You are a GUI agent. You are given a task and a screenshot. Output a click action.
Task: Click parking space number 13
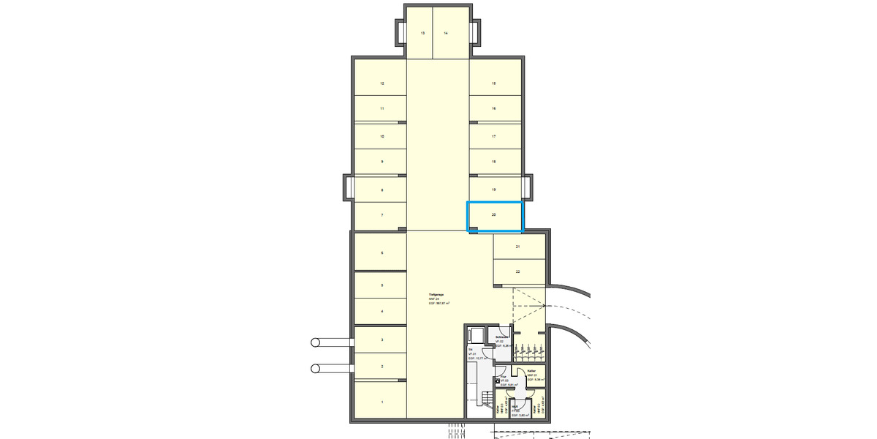point(422,34)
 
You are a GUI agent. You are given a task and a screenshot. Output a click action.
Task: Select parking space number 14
point(446,34)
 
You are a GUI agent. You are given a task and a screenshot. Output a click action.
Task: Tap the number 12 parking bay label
point(381,84)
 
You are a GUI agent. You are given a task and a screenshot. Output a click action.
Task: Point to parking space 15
point(494,84)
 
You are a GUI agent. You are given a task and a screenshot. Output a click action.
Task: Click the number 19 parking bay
point(494,190)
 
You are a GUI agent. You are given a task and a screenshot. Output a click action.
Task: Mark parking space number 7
point(381,215)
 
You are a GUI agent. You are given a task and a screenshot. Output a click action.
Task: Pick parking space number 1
point(381,402)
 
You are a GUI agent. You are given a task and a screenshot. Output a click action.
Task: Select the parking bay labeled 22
point(518,271)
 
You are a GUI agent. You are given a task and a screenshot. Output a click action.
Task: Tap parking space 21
point(518,247)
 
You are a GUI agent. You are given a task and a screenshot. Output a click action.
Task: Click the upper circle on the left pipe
point(316,342)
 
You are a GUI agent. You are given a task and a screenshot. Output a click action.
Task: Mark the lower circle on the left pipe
point(316,368)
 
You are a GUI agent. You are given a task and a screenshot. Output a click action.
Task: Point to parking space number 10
point(381,137)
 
